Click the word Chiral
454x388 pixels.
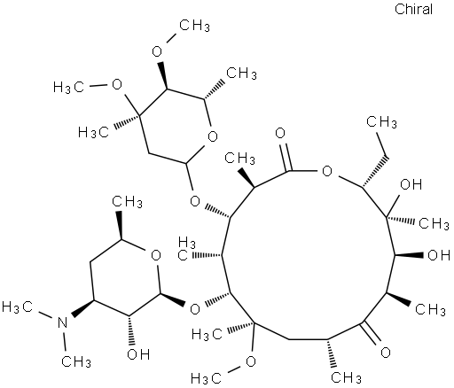(x=413, y=9)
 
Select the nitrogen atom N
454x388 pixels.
(x=62, y=322)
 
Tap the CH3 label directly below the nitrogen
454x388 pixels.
(x=76, y=361)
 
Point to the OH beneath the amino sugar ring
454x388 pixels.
(x=138, y=353)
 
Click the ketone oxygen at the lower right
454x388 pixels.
(x=386, y=353)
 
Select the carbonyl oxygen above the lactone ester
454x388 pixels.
(x=280, y=133)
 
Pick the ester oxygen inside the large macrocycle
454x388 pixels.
(x=327, y=171)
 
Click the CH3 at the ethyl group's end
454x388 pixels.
(x=381, y=121)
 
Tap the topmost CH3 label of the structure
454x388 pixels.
(x=195, y=26)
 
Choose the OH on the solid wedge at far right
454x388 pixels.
(x=439, y=255)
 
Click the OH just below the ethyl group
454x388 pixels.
(x=411, y=184)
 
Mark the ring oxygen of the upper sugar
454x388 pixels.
(x=213, y=136)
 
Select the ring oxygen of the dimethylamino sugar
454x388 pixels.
(x=156, y=255)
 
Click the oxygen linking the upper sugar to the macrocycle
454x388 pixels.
(x=195, y=202)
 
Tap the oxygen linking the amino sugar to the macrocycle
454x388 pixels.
(x=195, y=309)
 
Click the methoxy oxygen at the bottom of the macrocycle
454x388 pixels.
(x=251, y=361)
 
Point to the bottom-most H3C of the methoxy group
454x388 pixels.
(x=207, y=378)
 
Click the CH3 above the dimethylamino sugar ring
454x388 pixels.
(x=127, y=202)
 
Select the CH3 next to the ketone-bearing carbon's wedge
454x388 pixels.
(x=430, y=309)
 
